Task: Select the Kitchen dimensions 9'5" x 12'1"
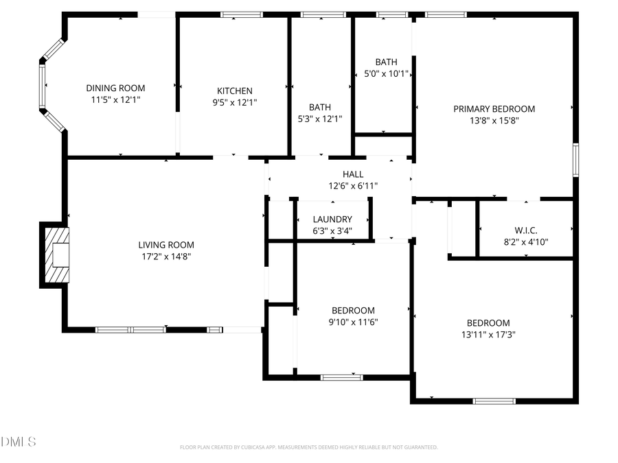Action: (235, 102)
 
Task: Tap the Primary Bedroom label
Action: (494, 108)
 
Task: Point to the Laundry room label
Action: (332, 219)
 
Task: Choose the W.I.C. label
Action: (525, 230)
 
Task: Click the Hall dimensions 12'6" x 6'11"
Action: (353, 186)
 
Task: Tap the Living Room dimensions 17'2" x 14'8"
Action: (166, 257)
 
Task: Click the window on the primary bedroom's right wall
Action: (575, 159)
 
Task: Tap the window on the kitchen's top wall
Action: (241, 14)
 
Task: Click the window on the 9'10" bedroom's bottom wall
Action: (342, 377)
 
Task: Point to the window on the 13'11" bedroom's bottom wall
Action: (494, 401)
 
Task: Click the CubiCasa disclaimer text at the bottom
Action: (308, 447)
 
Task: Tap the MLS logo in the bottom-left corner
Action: (19, 441)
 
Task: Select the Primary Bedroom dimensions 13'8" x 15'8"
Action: (494, 120)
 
